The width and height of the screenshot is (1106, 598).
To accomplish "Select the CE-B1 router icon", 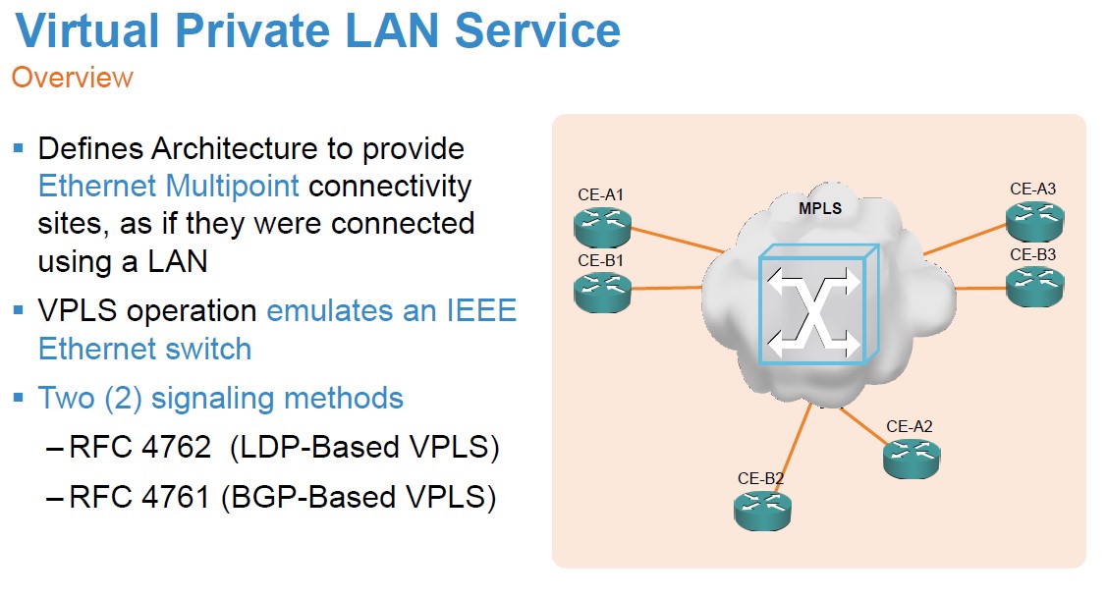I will (602, 290).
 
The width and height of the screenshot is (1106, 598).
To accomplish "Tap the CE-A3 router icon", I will (1033, 221).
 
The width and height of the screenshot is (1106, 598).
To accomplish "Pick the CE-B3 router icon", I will (1033, 286).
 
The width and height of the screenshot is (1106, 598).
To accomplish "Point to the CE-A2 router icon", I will (911, 457).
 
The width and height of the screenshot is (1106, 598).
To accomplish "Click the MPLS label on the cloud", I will (819, 209).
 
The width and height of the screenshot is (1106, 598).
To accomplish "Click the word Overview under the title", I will (72, 78).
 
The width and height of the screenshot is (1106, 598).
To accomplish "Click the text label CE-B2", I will (760, 479).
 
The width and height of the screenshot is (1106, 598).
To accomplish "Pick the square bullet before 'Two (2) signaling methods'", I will (18, 397).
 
